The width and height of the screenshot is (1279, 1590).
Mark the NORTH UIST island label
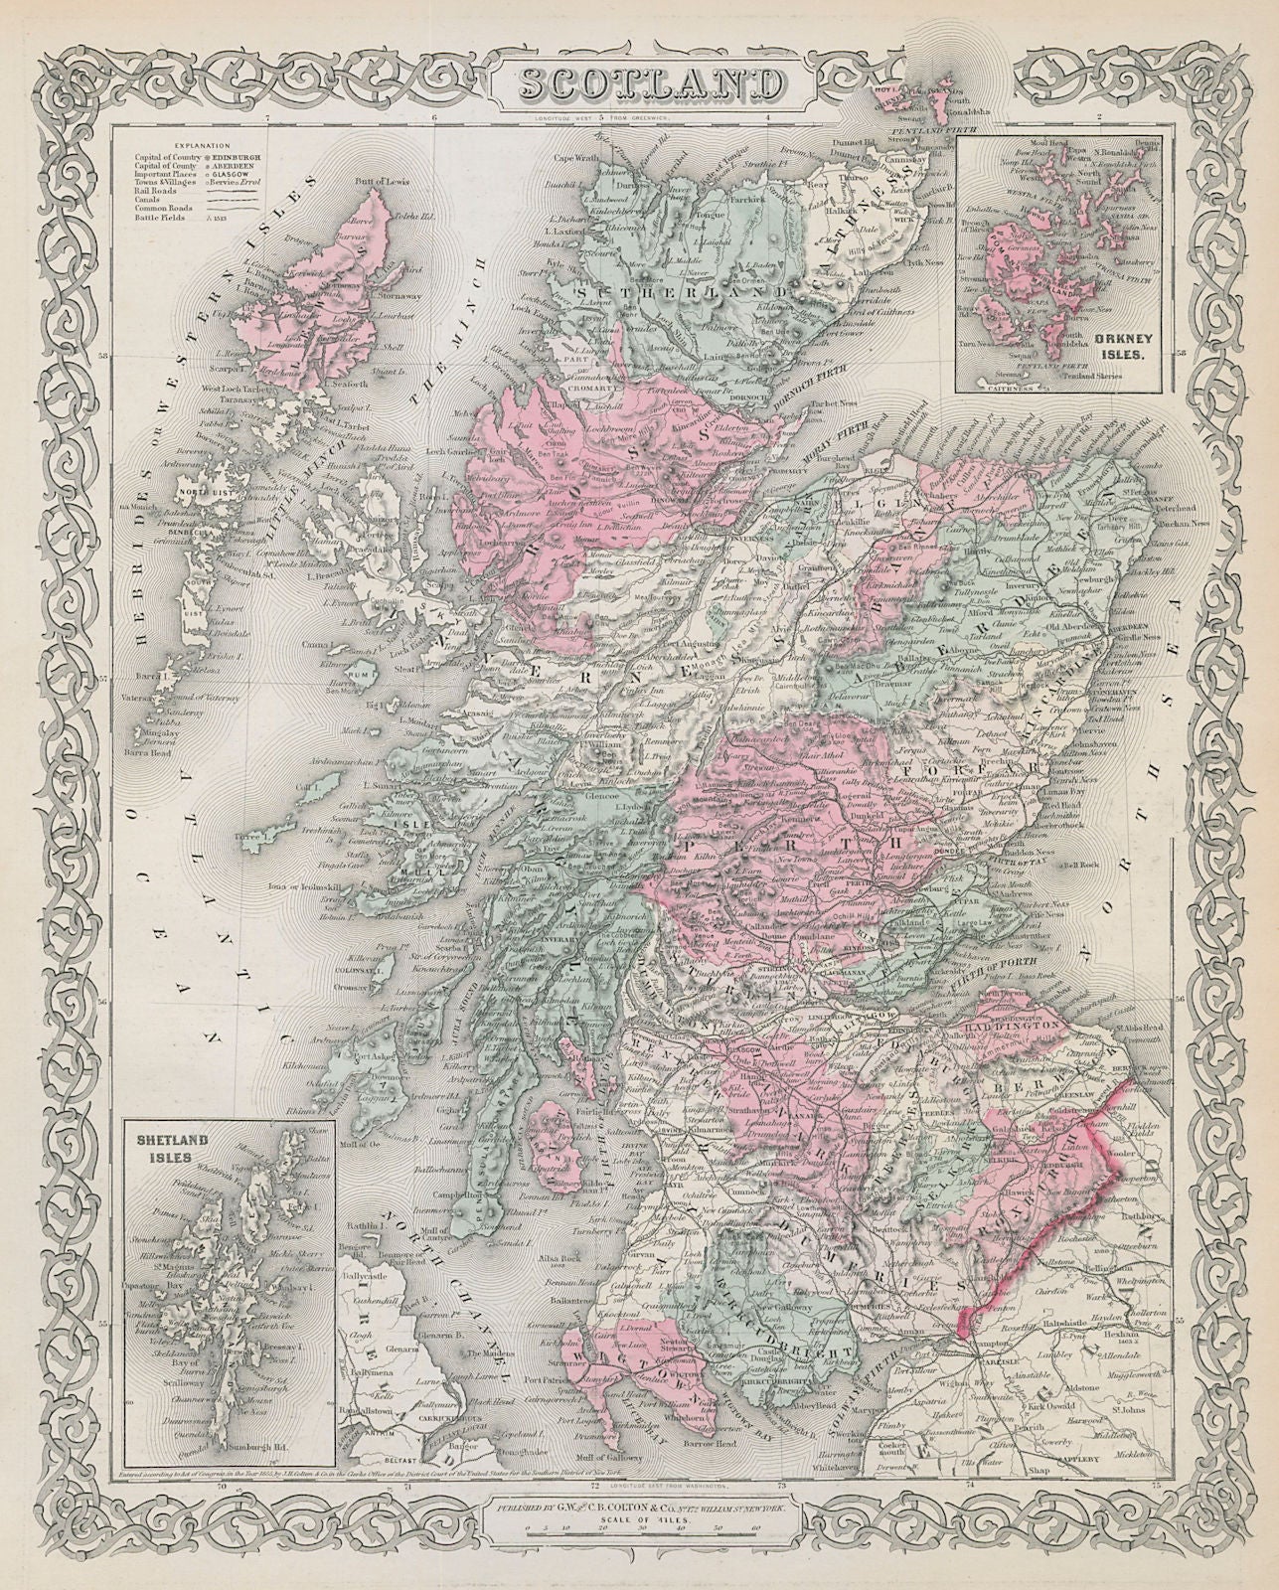point(201,490)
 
